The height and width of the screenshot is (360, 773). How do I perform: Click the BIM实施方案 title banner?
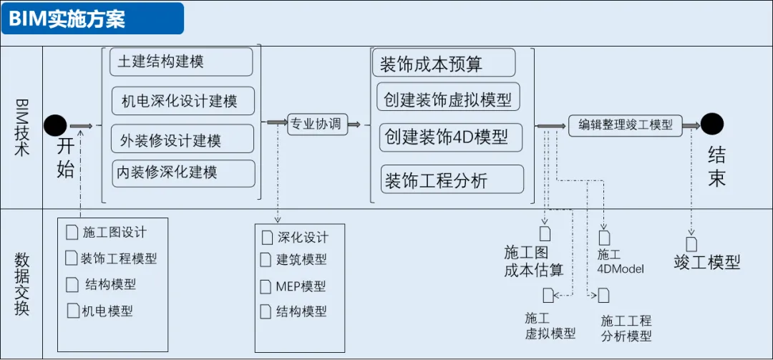pos(92,19)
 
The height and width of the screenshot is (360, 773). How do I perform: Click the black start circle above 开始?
pos(55,125)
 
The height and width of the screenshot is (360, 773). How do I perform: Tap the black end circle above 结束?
pos(711,125)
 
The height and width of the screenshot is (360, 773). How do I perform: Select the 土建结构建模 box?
pos(181,62)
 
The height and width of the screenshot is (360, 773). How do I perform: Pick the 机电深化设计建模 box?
pos(183,101)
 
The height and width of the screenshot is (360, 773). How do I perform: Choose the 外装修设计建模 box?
pos(183,139)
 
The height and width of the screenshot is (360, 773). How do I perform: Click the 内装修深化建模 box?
pos(183,173)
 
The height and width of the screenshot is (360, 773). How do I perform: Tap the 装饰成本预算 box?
pos(444,64)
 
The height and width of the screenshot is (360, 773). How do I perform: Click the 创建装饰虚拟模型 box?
pos(449,98)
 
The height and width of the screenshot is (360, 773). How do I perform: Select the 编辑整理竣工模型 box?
pos(626,125)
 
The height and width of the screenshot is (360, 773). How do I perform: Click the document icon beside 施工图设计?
pos(71,233)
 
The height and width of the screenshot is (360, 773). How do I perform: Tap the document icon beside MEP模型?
pos(266,286)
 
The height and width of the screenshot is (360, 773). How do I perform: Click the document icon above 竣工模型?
pos(691,244)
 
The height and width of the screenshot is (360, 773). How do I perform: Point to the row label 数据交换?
pos(21,284)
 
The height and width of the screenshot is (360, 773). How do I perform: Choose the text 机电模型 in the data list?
pos(107,311)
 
